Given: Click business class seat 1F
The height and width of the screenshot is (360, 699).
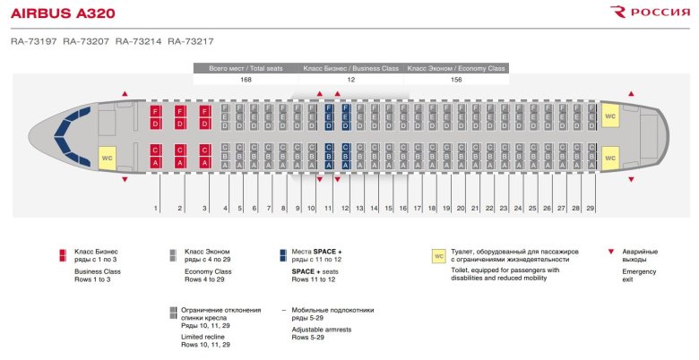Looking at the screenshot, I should point(155,111).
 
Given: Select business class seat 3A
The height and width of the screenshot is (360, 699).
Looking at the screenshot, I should point(204,162).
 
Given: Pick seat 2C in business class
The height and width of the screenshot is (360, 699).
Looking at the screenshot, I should point(179,150).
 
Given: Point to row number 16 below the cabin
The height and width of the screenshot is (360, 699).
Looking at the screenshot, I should point(402,208).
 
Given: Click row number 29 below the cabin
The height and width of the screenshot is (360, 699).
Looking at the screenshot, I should point(590,208).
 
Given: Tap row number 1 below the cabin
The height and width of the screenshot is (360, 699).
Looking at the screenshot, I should point(156,208).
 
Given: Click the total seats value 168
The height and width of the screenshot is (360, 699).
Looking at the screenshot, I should point(246,80).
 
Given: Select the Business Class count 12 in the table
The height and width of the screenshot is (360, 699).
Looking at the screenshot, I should point(350,80).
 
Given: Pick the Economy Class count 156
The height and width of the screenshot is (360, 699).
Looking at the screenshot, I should point(456,80).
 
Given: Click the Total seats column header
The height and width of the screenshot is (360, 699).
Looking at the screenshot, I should point(246,68).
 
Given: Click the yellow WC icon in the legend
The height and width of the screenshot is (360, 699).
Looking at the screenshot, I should point(439,255).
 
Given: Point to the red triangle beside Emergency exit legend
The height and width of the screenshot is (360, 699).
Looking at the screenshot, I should point(611,252).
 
